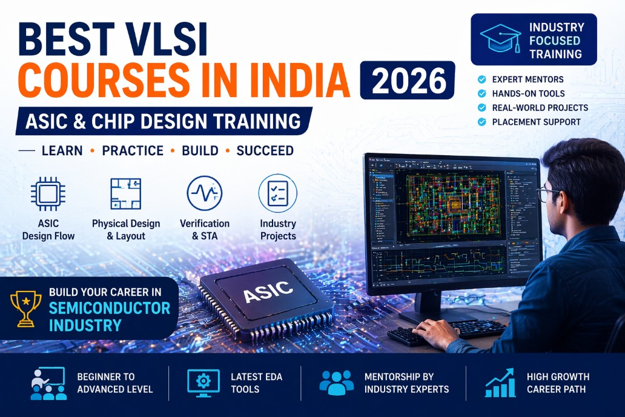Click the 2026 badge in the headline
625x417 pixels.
(407, 81)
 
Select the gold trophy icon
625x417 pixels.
(26, 309)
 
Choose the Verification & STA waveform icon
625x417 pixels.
(204, 193)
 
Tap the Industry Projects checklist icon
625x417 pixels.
(277, 193)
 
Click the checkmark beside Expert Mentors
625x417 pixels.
(481, 79)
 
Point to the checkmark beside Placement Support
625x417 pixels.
(481, 122)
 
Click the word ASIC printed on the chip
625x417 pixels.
(268, 293)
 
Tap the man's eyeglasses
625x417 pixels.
(548, 194)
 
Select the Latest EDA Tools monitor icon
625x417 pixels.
(203, 382)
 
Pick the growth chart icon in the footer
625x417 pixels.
(499, 382)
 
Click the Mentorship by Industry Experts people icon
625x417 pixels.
(336, 382)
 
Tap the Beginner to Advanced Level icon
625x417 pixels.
(48, 383)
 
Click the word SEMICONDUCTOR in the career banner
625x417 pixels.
(110, 308)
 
